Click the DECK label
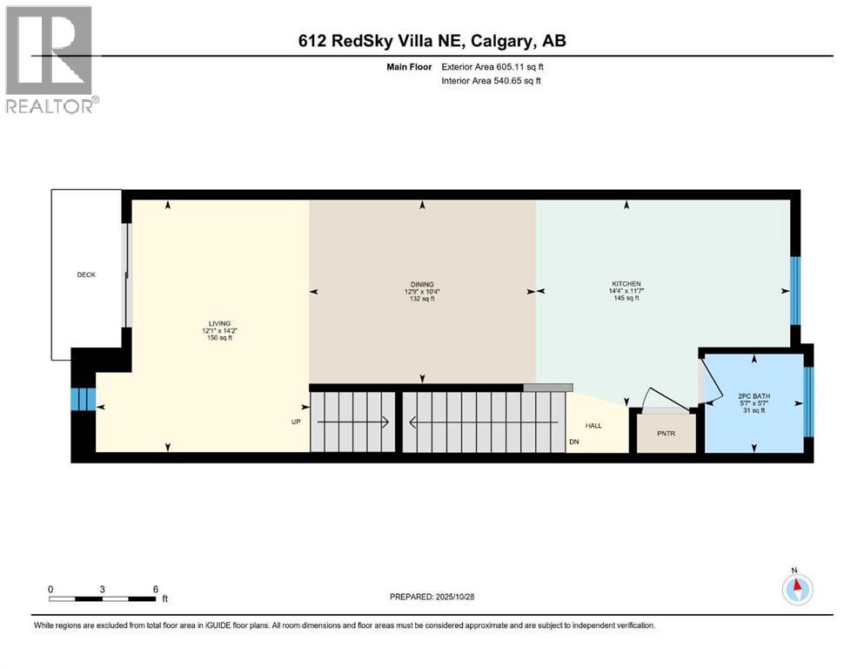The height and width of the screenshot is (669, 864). (85, 274)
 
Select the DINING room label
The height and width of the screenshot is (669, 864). (422, 284)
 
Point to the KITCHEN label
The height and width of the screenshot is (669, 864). (626, 284)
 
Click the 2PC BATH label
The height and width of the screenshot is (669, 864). (754, 397)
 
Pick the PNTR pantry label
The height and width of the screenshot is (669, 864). (666, 433)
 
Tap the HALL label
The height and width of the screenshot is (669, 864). (593, 426)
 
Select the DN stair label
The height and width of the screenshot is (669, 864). (573, 443)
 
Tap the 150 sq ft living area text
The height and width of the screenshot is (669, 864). (218, 338)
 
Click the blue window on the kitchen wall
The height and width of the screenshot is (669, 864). (794, 289)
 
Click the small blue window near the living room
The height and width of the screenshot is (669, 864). (82, 399)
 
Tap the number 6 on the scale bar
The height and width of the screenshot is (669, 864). (155, 589)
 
